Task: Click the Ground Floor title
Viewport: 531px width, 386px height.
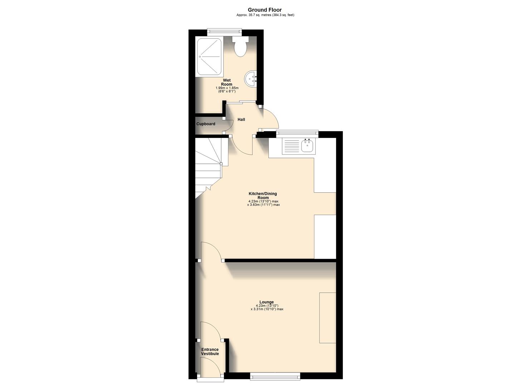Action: (265, 10)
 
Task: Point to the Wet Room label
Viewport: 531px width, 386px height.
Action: (227, 82)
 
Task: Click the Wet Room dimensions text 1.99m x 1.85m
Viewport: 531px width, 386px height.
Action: (227, 88)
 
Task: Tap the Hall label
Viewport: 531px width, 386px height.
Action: (241, 119)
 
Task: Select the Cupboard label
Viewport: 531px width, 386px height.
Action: (206, 124)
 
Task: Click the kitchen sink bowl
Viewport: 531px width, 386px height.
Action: (307, 146)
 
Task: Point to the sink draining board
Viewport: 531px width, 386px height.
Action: (291, 146)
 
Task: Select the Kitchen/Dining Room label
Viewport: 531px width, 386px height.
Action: (263, 196)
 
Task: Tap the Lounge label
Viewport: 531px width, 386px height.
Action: (267, 302)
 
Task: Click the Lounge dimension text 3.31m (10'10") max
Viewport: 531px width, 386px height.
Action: (267, 309)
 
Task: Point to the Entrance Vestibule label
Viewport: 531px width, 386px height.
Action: (210, 352)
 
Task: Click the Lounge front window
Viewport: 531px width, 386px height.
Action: (275, 375)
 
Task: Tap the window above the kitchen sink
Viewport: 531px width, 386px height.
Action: (297, 133)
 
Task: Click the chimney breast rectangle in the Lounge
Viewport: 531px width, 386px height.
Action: (328, 318)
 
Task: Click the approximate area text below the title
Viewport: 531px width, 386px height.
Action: (265, 15)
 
